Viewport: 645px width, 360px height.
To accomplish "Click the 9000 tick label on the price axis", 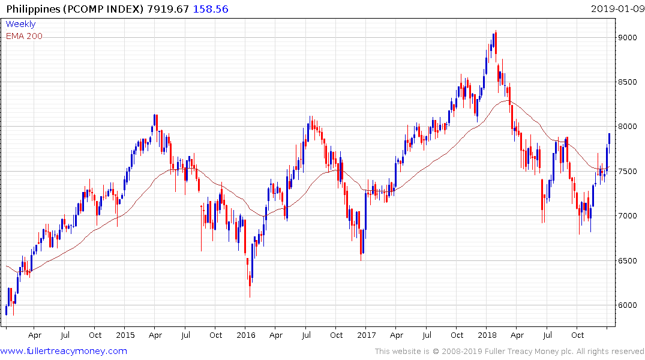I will tap(628, 37).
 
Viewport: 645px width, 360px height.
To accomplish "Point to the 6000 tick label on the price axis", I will tap(628, 305).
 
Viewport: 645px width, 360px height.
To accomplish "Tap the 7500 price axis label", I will tap(628, 171).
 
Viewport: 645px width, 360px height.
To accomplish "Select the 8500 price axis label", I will tap(628, 82).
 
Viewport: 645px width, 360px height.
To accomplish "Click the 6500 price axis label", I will tap(628, 260).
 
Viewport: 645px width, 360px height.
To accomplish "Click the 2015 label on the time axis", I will tap(125, 335).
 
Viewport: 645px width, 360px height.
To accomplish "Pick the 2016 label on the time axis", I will tap(246, 335).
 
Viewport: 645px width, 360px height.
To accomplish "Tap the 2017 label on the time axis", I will tap(366, 335).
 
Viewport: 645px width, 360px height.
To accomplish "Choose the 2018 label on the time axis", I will tap(487, 335).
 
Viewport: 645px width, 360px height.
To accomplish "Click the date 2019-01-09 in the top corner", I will tap(617, 9).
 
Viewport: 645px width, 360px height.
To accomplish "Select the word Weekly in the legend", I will tap(20, 24).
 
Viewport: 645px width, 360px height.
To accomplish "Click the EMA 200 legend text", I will tap(24, 36).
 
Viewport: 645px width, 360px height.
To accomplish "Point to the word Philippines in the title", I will tap(32, 9).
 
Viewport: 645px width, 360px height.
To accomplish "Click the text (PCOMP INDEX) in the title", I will tap(102, 9).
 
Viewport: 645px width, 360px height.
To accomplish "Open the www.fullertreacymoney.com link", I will tap(64, 351).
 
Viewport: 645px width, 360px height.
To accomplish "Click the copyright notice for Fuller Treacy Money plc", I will tap(509, 351).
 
